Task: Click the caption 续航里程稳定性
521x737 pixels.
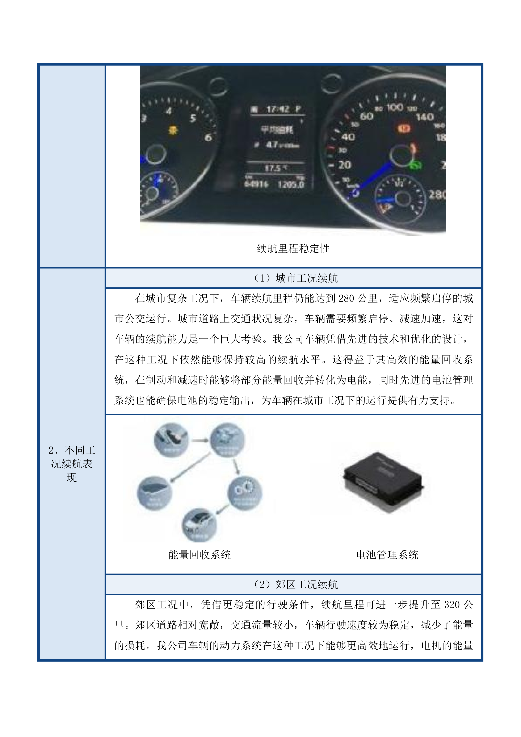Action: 293,249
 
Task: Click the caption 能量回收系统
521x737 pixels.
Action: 199,555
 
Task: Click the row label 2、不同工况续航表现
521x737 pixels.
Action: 72,463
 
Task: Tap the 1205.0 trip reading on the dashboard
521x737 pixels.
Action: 291,184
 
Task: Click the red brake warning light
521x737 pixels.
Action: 404,128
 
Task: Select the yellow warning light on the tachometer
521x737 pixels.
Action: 173,130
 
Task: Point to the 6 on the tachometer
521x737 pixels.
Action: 208,137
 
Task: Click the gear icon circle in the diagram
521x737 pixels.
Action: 244,492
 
